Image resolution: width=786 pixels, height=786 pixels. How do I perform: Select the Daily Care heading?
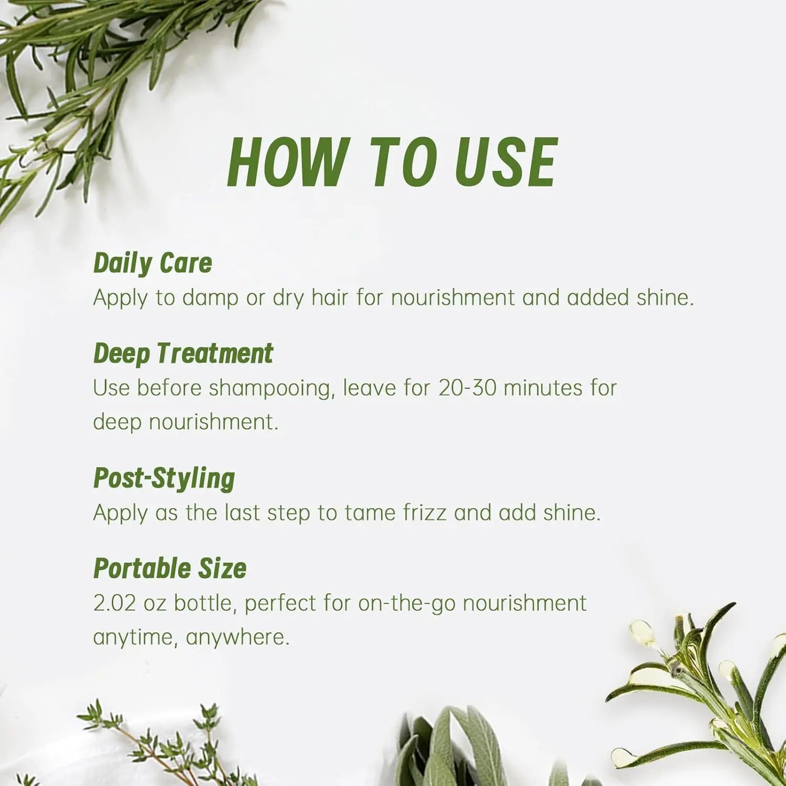[x=152, y=264]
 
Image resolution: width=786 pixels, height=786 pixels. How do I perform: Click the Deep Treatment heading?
[x=183, y=353]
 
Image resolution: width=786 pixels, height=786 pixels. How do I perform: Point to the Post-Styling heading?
[x=164, y=479]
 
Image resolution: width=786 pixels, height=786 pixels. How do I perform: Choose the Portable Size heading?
[x=170, y=568]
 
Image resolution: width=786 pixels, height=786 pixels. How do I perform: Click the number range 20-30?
[x=467, y=387]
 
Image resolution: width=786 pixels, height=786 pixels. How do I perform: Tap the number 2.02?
[x=114, y=603]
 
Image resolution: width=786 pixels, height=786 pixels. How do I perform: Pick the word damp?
[x=210, y=298]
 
